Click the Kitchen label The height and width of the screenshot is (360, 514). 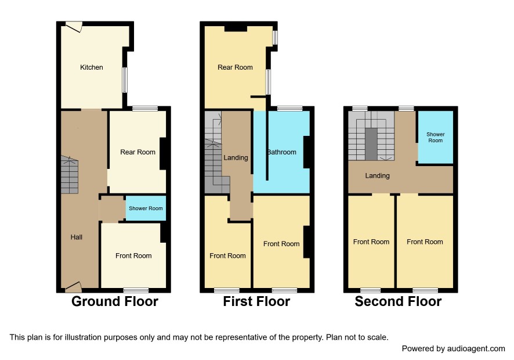pyautogui.click(x=92, y=67)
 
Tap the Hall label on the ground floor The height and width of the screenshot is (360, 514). pyautogui.click(x=77, y=237)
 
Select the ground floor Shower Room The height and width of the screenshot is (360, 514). pyautogui.click(x=146, y=208)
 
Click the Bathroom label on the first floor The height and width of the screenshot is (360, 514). pyautogui.click(x=281, y=152)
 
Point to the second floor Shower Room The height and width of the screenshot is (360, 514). pyautogui.click(x=435, y=137)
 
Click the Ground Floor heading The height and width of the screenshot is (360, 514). pyautogui.click(x=115, y=301)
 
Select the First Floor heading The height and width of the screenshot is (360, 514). pyautogui.click(x=256, y=301)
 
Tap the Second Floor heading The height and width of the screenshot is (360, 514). pyautogui.click(x=398, y=301)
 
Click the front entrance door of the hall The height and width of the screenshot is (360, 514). pyautogui.click(x=74, y=287)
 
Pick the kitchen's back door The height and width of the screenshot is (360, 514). pyautogui.click(x=74, y=27)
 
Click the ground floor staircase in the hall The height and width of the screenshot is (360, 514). pyautogui.click(x=70, y=175)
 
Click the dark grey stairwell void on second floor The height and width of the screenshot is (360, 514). pyautogui.click(x=371, y=144)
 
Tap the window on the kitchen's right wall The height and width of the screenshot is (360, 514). pyautogui.click(x=125, y=80)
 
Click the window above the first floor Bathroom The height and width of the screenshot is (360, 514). pyautogui.click(x=290, y=109)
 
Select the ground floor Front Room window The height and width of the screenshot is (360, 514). pyautogui.click(x=136, y=290)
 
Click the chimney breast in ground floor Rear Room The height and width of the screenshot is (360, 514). pyautogui.click(x=163, y=154)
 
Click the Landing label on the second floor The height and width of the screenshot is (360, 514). pyautogui.click(x=377, y=175)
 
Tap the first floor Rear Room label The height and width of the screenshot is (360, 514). pyautogui.click(x=235, y=67)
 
